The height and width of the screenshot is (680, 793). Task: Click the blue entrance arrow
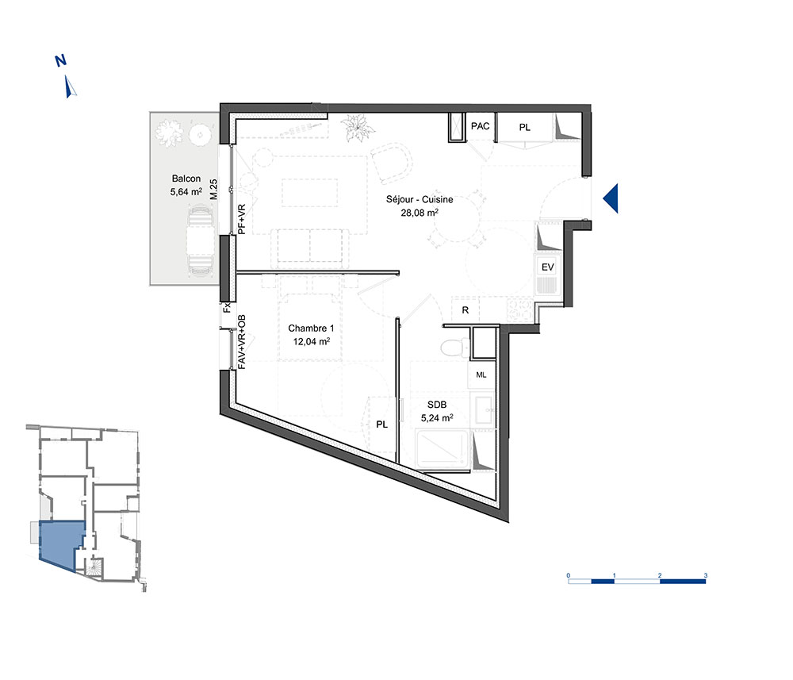point(612,198)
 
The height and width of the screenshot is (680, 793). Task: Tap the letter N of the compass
point(61,61)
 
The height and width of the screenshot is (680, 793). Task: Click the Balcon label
point(186,179)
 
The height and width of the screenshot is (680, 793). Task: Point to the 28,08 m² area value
point(419,213)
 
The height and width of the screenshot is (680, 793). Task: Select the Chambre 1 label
point(311,328)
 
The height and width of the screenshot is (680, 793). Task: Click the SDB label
point(437,405)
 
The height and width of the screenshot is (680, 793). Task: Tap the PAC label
point(480,126)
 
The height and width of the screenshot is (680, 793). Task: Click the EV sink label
point(548,267)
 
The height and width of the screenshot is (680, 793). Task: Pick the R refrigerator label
point(465,310)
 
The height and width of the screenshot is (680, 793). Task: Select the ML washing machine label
point(481,375)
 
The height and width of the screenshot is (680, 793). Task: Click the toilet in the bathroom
point(454,348)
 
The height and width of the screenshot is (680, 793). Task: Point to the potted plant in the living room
point(358,128)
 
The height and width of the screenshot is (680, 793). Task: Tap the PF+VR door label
point(242,219)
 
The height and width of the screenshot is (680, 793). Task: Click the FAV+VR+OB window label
point(242,342)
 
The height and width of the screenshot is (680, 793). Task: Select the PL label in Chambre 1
point(382,425)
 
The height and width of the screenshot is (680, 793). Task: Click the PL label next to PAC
point(525,128)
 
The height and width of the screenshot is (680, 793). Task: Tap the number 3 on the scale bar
point(706,575)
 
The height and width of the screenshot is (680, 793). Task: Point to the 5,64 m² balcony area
point(186,192)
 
